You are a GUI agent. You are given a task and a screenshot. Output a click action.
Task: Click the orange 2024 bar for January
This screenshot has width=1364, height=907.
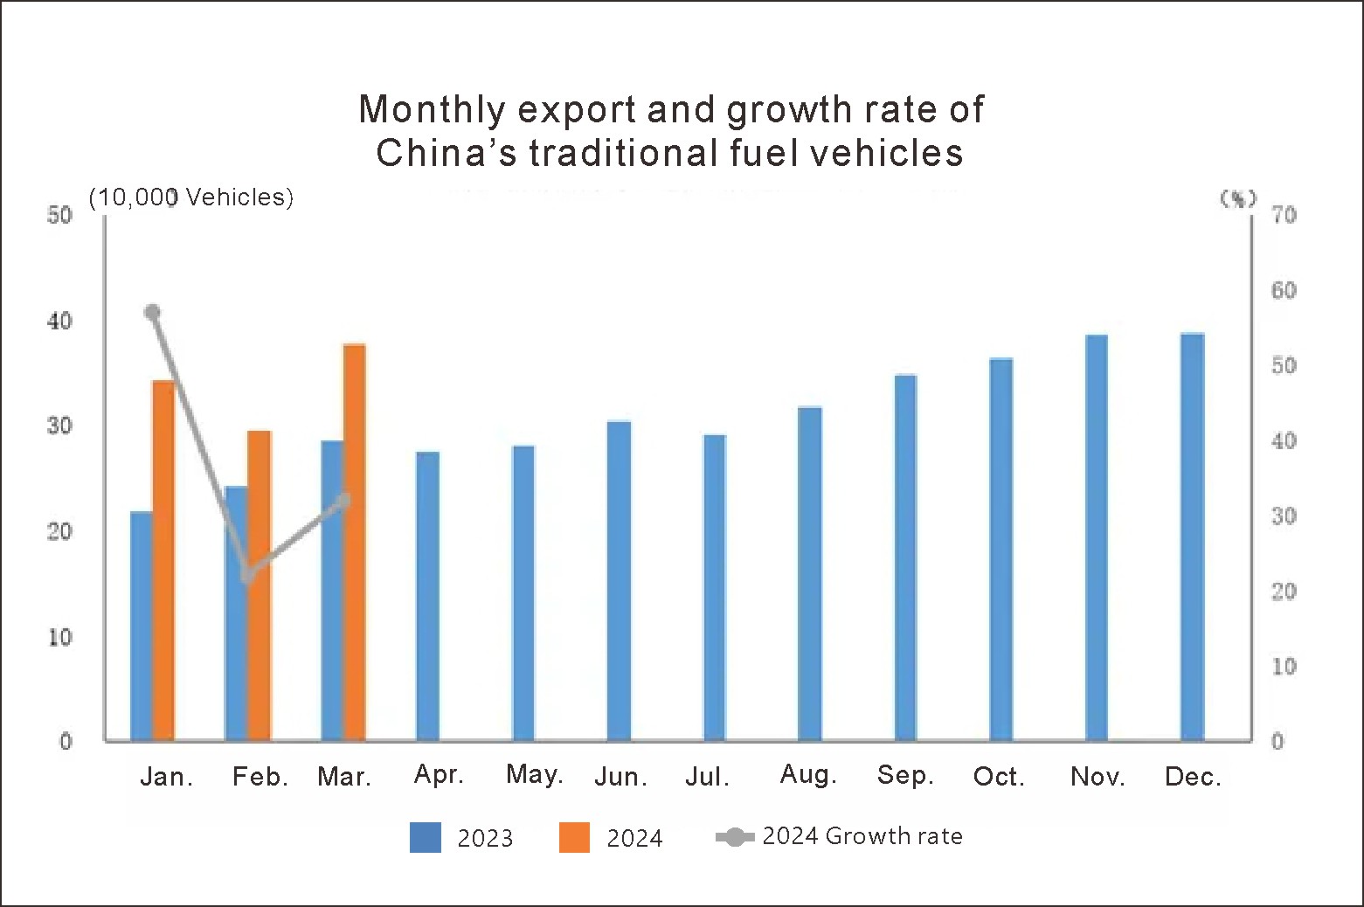163,559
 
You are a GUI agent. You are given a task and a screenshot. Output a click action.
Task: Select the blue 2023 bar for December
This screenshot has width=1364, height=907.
1192,537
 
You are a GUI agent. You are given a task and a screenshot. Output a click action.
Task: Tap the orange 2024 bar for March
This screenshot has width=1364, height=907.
354,542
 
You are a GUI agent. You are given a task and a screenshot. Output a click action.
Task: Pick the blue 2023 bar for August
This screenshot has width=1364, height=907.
809,573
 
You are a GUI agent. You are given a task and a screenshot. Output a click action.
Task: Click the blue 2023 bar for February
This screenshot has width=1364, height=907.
236,613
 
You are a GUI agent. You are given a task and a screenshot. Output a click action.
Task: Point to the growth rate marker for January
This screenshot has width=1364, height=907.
152,312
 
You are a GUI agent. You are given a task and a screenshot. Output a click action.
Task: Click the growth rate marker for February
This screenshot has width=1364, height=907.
248,575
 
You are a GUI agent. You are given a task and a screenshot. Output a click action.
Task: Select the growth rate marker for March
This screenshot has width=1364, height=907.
343,501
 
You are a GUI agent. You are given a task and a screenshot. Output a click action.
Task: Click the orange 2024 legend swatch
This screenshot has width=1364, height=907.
574,837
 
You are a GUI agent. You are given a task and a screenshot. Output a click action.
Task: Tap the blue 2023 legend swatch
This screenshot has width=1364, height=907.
426,837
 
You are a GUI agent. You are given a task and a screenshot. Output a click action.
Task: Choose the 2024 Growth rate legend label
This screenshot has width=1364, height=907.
862,836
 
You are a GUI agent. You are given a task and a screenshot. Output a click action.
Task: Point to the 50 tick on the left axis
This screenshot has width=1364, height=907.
59,215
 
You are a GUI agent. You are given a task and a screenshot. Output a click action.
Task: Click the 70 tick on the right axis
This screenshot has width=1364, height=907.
1283,215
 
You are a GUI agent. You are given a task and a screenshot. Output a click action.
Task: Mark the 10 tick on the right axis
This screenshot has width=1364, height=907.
1283,667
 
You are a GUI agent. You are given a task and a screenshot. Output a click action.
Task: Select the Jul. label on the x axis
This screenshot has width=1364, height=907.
707,777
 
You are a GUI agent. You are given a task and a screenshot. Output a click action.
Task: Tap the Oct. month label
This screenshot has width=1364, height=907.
998,777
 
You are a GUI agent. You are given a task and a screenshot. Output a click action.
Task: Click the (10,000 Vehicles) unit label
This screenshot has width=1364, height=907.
190,197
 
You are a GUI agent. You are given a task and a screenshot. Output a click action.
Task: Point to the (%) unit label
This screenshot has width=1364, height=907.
1237,198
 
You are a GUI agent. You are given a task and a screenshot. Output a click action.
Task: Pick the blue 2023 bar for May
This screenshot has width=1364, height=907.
523,593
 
